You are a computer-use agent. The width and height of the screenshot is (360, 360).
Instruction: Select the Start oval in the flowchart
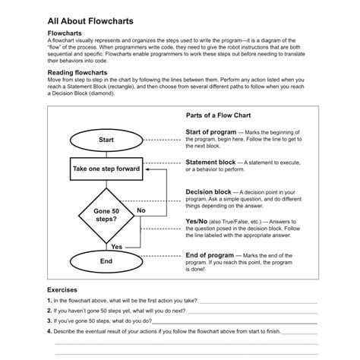click(x=106, y=141)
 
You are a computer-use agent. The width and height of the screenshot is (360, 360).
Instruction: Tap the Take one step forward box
click(x=106, y=169)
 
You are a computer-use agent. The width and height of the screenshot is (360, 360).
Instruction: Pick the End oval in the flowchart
click(x=106, y=261)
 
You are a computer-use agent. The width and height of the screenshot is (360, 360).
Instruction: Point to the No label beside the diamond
click(x=141, y=209)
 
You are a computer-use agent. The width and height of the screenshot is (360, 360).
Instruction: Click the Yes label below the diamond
click(x=116, y=247)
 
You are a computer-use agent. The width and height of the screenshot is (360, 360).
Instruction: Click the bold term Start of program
click(x=210, y=132)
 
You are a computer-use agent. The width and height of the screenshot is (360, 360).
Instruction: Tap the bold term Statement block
click(x=210, y=163)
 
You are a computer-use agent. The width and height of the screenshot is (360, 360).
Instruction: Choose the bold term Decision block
click(x=209, y=192)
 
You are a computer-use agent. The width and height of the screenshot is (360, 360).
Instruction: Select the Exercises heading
click(x=62, y=290)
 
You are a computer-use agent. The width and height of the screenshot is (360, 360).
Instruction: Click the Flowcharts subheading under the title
click(x=65, y=34)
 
